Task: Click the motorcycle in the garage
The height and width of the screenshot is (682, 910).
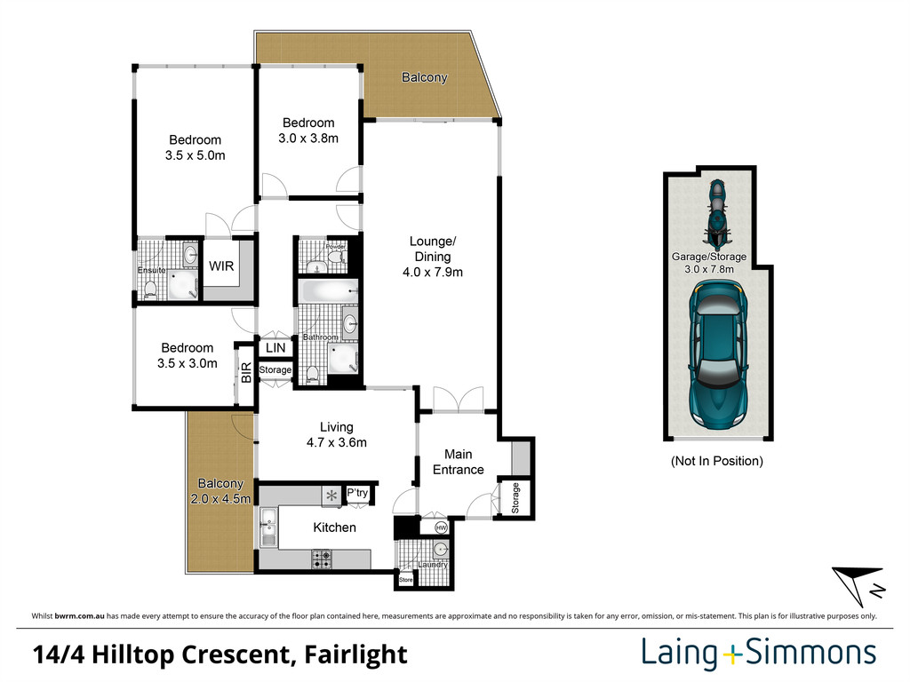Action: click(x=716, y=213)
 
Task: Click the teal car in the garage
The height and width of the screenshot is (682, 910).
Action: click(x=717, y=353)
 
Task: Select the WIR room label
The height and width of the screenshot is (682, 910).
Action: click(x=221, y=266)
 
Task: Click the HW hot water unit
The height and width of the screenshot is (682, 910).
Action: click(x=441, y=527)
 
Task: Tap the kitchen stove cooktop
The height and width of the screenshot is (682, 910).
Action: click(x=322, y=559)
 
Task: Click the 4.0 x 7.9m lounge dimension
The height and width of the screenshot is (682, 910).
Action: click(x=432, y=273)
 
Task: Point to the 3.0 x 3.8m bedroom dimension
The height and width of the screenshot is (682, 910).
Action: click(x=308, y=139)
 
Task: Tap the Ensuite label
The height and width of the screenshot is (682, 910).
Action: click(x=150, y=270)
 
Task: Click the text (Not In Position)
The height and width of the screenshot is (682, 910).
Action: click(x=716, y=461)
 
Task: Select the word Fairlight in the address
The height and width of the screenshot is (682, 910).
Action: click(x=355, y=655)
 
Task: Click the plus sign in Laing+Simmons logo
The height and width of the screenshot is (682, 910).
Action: click(x=730, y=655)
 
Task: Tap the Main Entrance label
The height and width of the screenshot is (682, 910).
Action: click(x=458, y=462)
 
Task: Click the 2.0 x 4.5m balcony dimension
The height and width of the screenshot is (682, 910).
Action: click(x=220, y=499)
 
